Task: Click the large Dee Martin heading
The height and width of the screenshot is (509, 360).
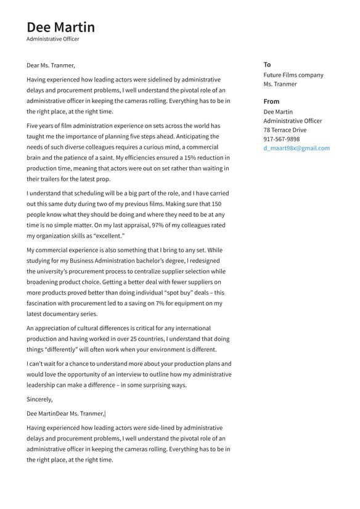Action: (x=60, y=27)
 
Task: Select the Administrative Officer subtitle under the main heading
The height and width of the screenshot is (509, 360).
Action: (x=52, y=39)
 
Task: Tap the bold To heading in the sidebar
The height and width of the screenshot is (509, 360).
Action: (x=267, y=64)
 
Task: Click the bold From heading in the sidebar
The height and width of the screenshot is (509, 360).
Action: (x=271, y=101)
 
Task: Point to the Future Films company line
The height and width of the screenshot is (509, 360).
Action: (x=293, y=75)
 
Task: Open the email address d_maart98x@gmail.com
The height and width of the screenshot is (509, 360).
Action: (x=296, y=148)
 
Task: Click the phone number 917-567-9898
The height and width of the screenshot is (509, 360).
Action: (x=281, y=139)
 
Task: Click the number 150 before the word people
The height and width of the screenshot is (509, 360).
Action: (x=216, y=204)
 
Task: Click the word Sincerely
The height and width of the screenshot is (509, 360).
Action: (x=39, y=399)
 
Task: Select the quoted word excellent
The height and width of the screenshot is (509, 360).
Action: (x=108, y=236)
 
